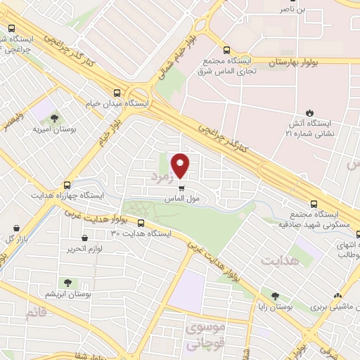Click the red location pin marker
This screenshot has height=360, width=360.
(x=181, y=166)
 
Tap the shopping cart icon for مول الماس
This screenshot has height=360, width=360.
(x=181, y=188)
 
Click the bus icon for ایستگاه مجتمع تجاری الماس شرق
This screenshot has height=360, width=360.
(x=226, y=50)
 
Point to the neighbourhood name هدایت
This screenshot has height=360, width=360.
(x=280, y=260)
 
